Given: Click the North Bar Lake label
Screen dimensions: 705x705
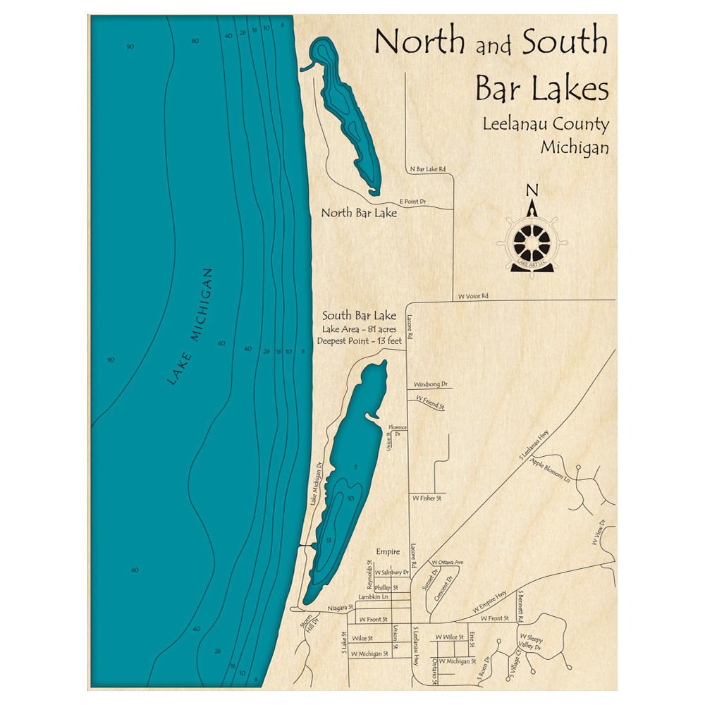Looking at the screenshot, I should tap(359, 212).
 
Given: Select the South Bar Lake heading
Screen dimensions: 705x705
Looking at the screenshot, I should tap(359, 315).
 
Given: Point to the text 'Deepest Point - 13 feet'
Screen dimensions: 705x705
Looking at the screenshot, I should tap(359, 341).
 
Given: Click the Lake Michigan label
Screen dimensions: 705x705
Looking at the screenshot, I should tap(190, 326).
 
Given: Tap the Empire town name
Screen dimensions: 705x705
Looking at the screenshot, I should tap(388, 551).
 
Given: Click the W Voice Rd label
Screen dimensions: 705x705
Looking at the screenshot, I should tap(473, 296).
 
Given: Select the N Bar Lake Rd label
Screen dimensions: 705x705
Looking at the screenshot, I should tap(428, 169).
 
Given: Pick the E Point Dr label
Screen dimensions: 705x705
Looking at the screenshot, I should tap(412, 202).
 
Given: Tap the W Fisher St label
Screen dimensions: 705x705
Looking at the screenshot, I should tap(427, 498).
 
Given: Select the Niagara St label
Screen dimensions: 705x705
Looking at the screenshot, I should tap(340, 608).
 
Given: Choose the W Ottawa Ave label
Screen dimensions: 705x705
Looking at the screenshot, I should tap(448, 562).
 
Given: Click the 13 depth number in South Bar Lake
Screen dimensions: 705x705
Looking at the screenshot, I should tap(329, 540).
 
